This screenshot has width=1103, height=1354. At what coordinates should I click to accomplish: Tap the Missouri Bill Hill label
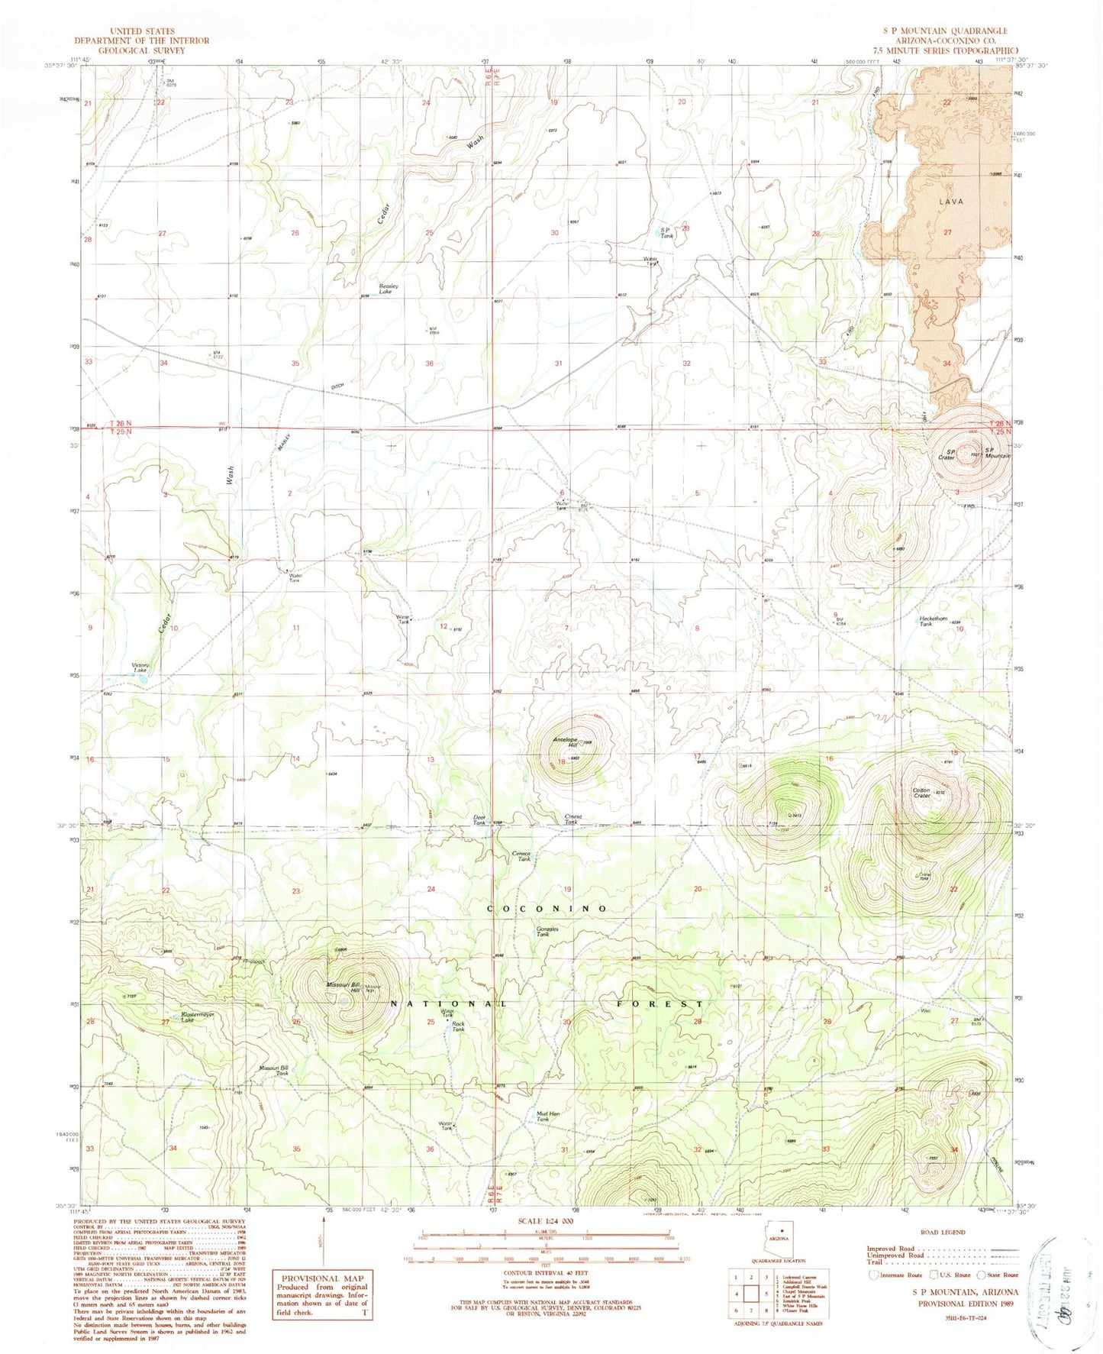[337, 987]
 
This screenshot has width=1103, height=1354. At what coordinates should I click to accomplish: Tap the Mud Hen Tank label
[549, 1116]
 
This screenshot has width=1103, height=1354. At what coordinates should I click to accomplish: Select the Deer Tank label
[479, 820]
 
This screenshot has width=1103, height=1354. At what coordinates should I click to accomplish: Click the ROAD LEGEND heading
[943, 1232]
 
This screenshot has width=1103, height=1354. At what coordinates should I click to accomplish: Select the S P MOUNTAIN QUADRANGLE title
[944, 31]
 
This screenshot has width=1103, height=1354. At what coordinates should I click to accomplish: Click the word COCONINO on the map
[547, 909]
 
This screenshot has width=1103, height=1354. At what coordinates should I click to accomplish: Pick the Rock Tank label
[458, 1026]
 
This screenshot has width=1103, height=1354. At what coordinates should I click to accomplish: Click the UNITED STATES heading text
[142, 32]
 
